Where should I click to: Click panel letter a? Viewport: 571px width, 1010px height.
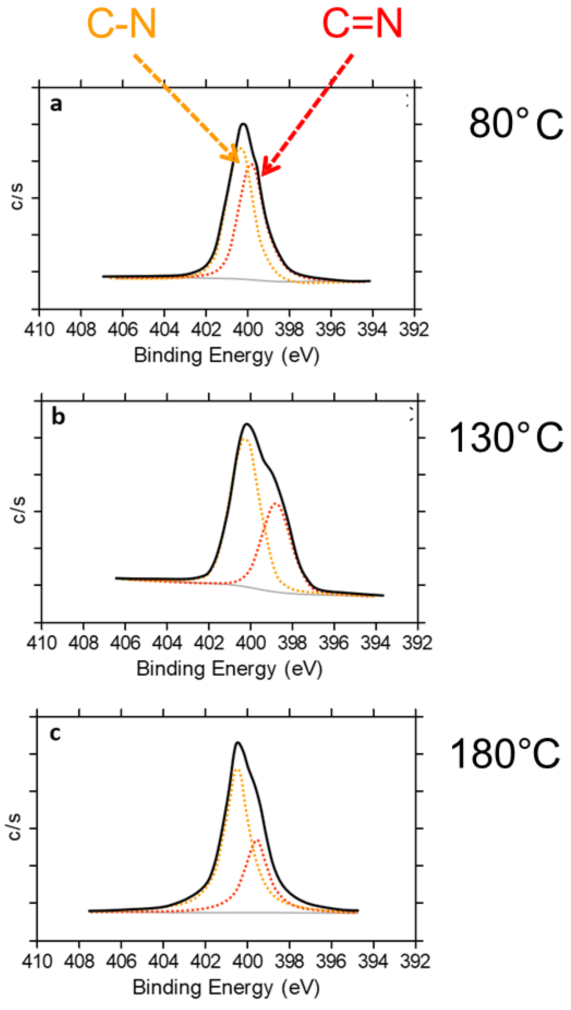(56, 105)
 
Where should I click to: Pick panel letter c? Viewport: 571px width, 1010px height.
(55, 733)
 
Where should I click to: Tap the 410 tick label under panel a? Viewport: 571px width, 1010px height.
(39, 329)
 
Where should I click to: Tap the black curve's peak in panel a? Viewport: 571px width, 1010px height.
(244, 124)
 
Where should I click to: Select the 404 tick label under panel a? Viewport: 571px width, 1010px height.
(164, 329)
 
